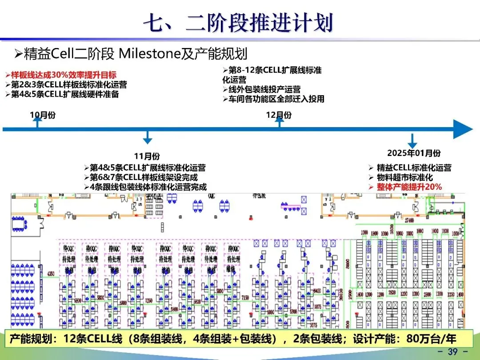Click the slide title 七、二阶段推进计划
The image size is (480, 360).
tap(238, 23)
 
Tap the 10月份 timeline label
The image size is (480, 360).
tap(43, 115)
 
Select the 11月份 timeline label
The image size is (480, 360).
tap(147, 156)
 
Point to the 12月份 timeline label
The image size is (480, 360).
tap(279, 115)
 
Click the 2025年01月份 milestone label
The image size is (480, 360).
tap(414, 153)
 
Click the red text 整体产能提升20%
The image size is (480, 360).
tap(409, 187)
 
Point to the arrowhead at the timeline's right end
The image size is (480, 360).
tap(464, 129)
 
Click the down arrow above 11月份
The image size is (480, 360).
tap(148, 137)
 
